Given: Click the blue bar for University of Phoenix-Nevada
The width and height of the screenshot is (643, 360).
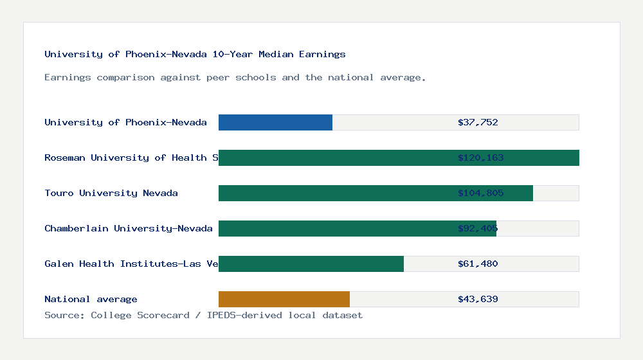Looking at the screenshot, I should tap(275, 122).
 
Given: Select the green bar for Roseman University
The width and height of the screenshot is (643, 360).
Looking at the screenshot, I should tap(399, 157).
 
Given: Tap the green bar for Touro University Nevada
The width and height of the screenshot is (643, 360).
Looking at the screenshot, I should tap(376, 193).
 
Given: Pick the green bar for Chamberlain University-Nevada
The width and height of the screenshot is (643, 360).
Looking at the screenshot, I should tap(358, 228).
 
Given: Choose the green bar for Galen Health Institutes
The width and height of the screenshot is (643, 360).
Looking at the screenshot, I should tap(311, 264).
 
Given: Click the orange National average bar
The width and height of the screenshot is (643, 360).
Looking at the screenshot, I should tap(284, 299).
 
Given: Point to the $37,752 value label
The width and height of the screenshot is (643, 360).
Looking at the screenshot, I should tap(478, 122).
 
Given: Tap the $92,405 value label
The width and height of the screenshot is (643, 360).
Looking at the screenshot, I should tap(478, 228).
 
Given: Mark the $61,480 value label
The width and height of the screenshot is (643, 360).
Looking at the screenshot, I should tap(478, 264).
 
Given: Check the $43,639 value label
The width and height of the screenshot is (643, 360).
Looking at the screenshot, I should tap(478, 299).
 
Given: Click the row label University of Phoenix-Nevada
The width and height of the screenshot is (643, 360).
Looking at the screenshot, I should tap(125, 122).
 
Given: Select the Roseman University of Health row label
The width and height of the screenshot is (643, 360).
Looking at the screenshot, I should tap(131, 157).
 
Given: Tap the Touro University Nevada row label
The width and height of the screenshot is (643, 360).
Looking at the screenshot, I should tap(111, 193).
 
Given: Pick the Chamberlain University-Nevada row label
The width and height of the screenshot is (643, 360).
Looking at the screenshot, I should tap(129, 228).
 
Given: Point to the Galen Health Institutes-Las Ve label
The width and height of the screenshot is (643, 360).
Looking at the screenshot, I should tap(131, 264).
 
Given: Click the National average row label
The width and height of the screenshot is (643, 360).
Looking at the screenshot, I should tap(91, 299).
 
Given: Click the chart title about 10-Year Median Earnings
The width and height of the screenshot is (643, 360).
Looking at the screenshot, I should tap(195, 55).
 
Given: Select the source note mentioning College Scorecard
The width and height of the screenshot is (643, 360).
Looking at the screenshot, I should tap(203, 315).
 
